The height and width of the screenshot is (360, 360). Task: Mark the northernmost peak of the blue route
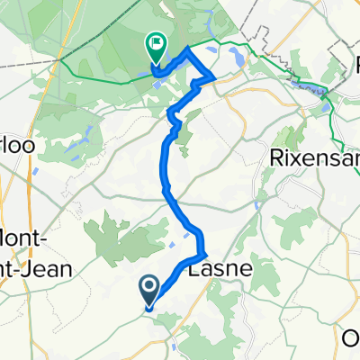(186, 48)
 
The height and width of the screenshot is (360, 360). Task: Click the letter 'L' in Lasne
(193, 268)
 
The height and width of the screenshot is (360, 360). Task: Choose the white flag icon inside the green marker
(157, 40)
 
